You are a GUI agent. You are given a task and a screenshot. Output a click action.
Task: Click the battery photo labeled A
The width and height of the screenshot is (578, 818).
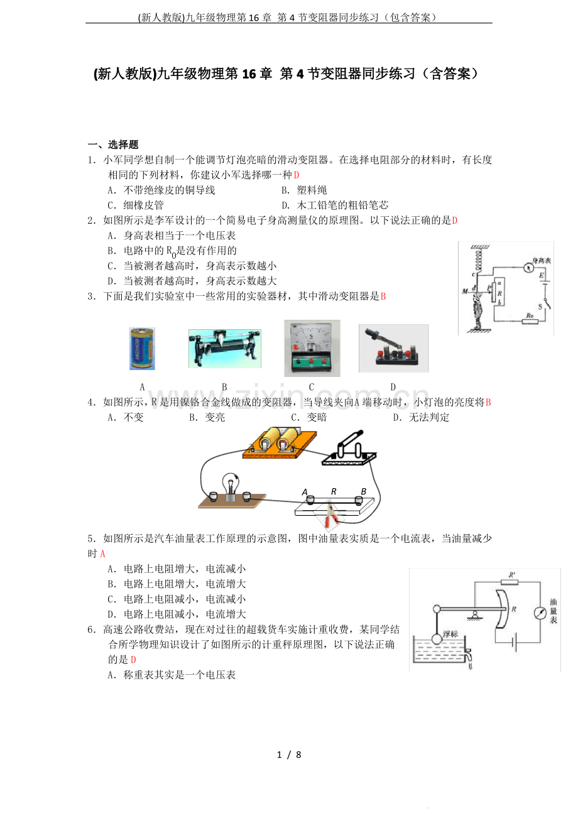click(142, 349)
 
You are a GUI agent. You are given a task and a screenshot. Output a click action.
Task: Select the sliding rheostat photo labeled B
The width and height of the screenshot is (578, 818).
click(224, 349)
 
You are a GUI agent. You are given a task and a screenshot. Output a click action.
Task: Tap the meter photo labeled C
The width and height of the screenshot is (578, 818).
click(312, 348)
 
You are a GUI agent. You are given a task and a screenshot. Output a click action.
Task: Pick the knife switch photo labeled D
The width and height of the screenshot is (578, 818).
click(393, 348)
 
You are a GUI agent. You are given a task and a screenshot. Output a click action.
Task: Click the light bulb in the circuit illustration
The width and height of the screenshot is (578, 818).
click(231, 487)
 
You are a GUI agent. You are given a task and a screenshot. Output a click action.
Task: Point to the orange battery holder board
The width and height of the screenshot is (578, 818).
click(280, 444)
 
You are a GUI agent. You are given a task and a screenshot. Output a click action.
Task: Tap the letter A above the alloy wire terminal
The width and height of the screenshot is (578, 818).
click(305, 493)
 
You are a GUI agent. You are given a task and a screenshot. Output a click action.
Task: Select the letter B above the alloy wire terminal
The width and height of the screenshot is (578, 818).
click(364, 491)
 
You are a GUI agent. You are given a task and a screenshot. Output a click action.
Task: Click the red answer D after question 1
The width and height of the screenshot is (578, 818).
click(297, 175)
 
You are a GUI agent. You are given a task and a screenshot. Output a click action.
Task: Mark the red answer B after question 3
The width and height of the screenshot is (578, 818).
click(383, 297)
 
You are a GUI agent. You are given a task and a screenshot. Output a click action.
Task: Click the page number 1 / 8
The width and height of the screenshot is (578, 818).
click(289, 755)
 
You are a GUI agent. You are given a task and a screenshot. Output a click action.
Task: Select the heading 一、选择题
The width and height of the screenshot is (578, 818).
click(113, 145)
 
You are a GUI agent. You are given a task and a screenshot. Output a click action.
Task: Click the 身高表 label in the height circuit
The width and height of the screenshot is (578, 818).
click(542, 260)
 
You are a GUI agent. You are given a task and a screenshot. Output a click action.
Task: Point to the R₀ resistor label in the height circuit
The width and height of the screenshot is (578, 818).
click(530, 315)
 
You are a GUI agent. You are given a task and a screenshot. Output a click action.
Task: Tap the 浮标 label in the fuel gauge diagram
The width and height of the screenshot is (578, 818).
click(450, 634)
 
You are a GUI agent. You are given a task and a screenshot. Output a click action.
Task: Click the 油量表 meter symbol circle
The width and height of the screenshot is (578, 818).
click(540, 613)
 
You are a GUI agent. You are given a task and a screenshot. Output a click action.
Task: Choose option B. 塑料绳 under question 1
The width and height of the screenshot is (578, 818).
click(304, 190)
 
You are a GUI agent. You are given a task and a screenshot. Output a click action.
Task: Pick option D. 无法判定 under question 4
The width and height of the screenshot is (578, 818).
click(421, 417)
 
